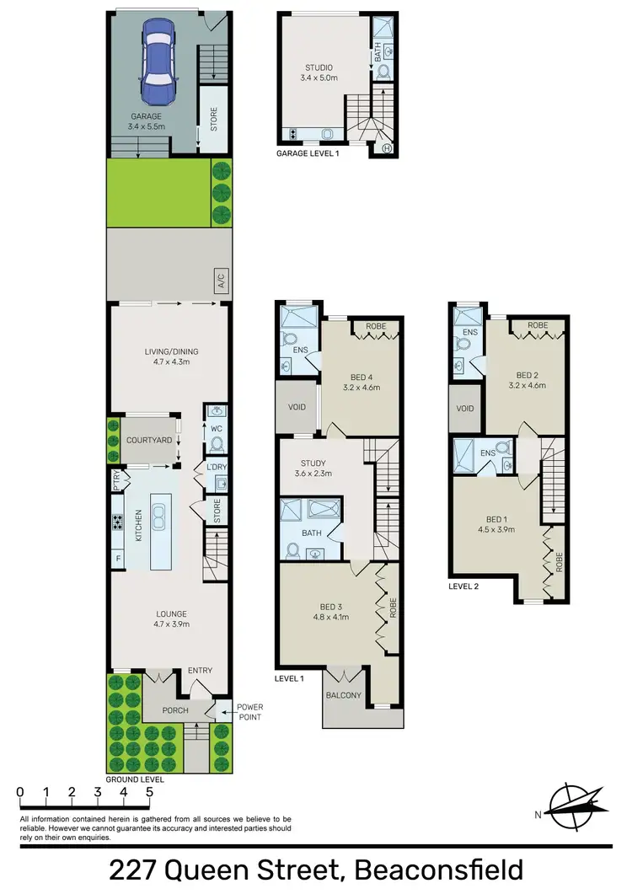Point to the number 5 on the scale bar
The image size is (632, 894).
(x=149, y=792)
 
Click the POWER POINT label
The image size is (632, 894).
(x=249, y=712)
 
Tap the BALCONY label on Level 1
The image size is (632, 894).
(x=345, y=695)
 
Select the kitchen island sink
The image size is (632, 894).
(x=158, y=522)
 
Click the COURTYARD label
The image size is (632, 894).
(x=149, y=441)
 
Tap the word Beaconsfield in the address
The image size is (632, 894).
(x=439, y=870)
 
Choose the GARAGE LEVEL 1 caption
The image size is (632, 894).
(x=308, y=154)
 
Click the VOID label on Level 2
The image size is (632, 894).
(x=465, y=409)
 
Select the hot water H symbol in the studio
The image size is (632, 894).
(x=388, y=149)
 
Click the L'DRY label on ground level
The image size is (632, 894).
(x=217, y=468)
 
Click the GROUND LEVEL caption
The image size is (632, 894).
(x=135, y=779)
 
